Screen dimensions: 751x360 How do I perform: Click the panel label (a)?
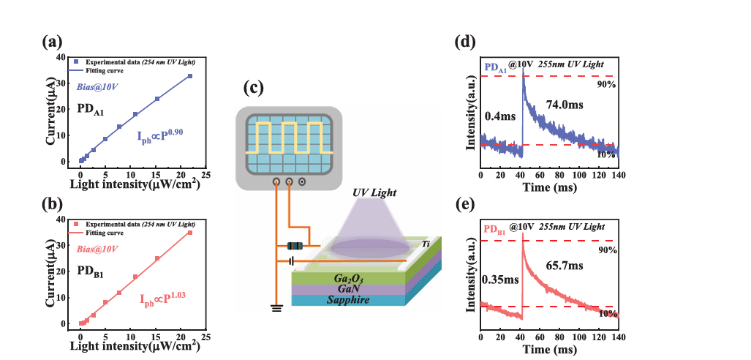coord(52,42)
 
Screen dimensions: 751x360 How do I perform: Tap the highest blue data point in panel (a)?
coord(190,76)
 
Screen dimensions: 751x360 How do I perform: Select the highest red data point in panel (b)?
coord(190,233)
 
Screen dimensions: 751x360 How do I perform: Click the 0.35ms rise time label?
coord(500,280)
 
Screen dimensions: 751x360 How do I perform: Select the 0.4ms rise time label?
coord(500,116)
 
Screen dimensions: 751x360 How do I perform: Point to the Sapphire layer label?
coord(348,300)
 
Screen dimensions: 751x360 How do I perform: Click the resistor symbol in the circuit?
coord(295,247)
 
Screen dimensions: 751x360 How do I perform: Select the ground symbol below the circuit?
coord(276,308)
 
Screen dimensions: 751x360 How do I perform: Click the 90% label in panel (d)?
coord(606,85)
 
